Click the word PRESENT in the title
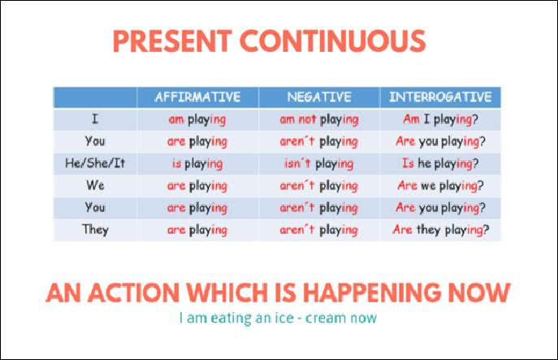[x=172, y=41]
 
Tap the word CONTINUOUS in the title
[x=333, y=41]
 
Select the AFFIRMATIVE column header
[x=198, y=97]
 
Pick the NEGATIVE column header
[x=319, y=97]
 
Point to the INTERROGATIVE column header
[x=440, y=97]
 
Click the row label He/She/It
[x=95, y=163]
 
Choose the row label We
[x=95, y=185]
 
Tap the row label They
[x=95, y=230]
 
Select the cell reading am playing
[x=197, y=119]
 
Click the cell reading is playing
[x=197, y=164]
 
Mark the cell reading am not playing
[x=319, y=119]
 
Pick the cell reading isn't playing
[x=319, y=164]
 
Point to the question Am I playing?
[x=440, y=119]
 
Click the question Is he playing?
[x=440, y=163]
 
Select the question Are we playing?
[x=440, y=185]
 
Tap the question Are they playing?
[x=441, y=230]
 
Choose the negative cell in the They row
[x=319, y=230]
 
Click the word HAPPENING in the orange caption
[x=371, y=293]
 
